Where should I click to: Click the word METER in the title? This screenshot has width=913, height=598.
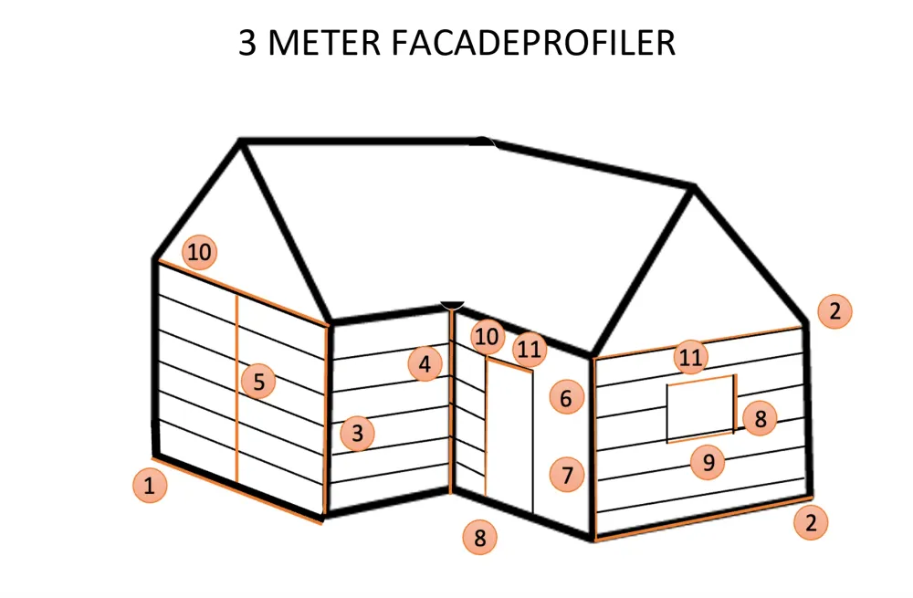point(325,43)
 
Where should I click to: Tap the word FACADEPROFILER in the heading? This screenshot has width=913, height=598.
point(533,43)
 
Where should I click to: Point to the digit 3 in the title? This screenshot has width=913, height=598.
point(247,43)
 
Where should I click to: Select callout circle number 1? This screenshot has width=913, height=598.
point(150,486)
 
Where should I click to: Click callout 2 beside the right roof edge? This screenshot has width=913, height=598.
point(835,311)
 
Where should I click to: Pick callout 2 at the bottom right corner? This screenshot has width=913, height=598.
point(811,522)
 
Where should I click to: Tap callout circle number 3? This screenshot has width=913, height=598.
point(357,434)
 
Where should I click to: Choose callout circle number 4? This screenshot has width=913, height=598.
point(425,364)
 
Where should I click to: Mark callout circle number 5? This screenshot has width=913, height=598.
point(258,382)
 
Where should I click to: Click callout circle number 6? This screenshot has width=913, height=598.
point(566,398)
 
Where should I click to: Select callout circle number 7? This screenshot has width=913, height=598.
point(567,475)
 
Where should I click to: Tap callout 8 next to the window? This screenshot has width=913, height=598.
point(760,418)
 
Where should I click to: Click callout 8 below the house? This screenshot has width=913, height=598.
point(480,538)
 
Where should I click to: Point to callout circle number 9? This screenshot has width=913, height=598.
point(708,462)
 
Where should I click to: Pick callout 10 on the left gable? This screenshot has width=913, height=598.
point(199,252)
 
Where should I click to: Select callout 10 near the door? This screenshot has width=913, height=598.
point(488,337)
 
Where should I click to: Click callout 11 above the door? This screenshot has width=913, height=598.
point(530,350)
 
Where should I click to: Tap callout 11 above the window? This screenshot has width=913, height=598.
point(691,357)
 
